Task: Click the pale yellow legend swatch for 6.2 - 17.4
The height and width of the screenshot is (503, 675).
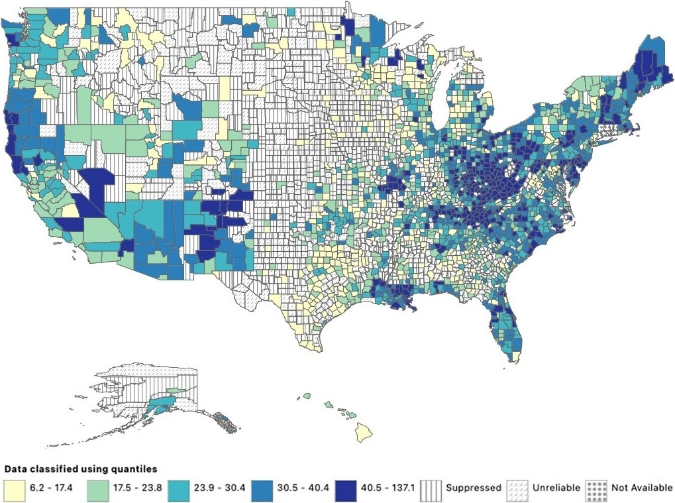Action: pos(13,488)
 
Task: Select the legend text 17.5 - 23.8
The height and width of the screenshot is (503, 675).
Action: pos(136,488)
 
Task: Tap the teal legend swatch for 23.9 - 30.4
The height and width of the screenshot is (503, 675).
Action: pos(180,488)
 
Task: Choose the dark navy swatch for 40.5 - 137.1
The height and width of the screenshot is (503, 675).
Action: pos(347,488)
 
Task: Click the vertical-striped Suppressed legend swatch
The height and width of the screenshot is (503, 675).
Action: pos(431,488)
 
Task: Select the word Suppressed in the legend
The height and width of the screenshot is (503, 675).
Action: pos(473,488)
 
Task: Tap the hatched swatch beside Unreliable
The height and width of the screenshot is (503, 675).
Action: pos(517,488)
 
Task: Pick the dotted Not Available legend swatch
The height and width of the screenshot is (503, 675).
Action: pos(596,488)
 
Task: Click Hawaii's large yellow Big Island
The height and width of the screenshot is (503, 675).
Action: pos(364,431)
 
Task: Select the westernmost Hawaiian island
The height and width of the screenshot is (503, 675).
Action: pos(307,396)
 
